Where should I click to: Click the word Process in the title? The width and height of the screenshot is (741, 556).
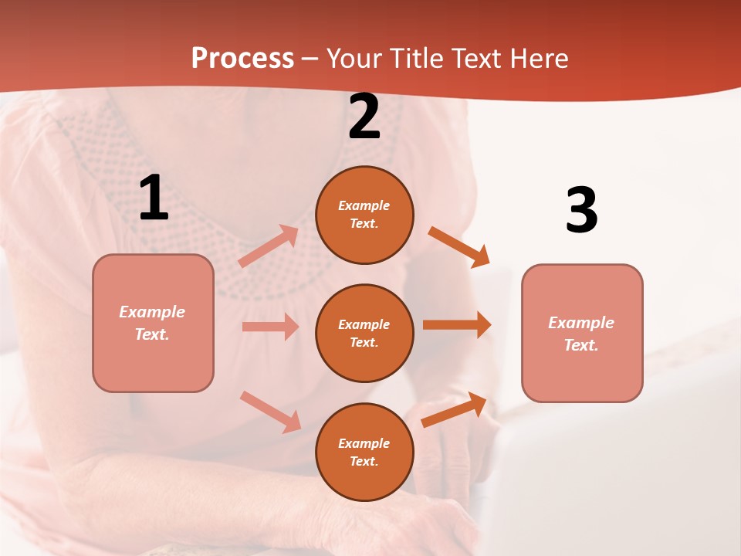click(242, 59)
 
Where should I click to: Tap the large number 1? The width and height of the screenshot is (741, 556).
click(154, 198)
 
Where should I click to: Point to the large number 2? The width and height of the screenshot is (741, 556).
click(364, 117)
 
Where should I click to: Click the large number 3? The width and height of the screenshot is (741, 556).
click(581, 211)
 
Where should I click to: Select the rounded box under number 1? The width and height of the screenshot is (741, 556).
click(153, 323)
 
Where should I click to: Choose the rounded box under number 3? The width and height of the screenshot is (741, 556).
click(582, 333)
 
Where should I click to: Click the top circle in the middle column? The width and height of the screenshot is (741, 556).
click(364, 215)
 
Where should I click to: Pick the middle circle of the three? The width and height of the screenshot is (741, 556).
click(364, 333)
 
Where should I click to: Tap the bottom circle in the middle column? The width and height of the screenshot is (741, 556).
click(364, 452)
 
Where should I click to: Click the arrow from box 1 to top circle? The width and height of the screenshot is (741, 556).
click(269, 246)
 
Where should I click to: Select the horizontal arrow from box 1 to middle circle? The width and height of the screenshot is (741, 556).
click(270, 327)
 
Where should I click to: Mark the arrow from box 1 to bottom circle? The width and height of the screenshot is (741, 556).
click(270, 412)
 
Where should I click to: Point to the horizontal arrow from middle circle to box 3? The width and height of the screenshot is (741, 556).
click(456, 325)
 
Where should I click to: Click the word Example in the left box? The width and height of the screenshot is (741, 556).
click(152, 312)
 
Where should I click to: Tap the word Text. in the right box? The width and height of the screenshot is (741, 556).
click(581, 345)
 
